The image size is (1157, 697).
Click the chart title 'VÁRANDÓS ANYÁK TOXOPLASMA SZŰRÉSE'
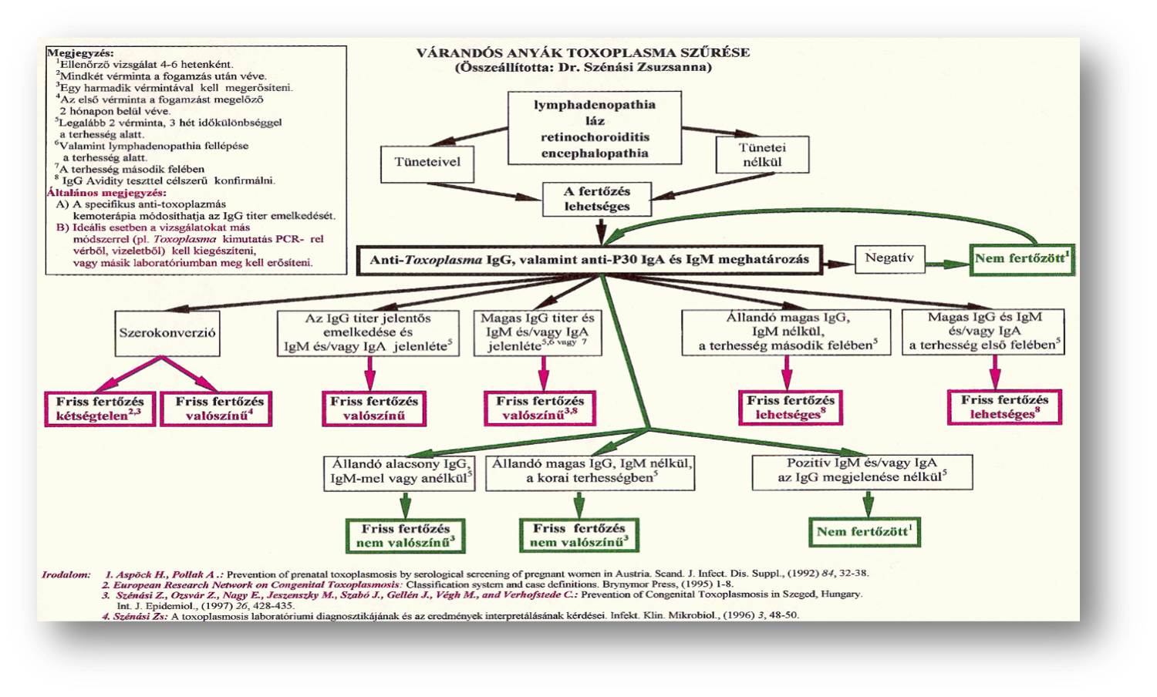(x=582, y=52)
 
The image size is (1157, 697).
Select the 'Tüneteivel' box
(x=427, y=163)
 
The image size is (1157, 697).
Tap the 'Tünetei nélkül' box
(x=762, y=155)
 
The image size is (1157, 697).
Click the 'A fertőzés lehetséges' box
(x=596, y=199)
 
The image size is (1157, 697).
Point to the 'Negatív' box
(x=889, y=258)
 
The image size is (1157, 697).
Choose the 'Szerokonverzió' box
(x=167, y=333)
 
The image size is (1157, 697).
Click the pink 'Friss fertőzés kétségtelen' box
(x=100, y=409)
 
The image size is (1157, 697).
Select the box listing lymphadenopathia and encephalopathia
(x=594, y=128)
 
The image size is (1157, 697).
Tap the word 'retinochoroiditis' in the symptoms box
(x=595, y=137)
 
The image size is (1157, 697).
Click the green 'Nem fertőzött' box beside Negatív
(x=1021, y=259)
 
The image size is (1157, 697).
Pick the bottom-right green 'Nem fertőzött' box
(x=864, y=531)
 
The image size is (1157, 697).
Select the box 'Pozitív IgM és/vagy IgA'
(x=862, y=470)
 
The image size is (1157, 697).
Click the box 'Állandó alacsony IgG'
(x=400, y=471)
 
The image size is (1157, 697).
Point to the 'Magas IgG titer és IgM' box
(x=538, y=332)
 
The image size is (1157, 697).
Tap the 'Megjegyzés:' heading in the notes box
(x=80, y=53)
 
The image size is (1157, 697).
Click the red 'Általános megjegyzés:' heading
(x=106, y=193)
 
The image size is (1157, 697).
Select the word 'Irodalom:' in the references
(x=66, y=574)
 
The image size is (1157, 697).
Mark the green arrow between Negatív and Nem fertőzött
(x=946, y=264)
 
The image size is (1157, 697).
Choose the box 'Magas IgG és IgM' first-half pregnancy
(x=983, y=332)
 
